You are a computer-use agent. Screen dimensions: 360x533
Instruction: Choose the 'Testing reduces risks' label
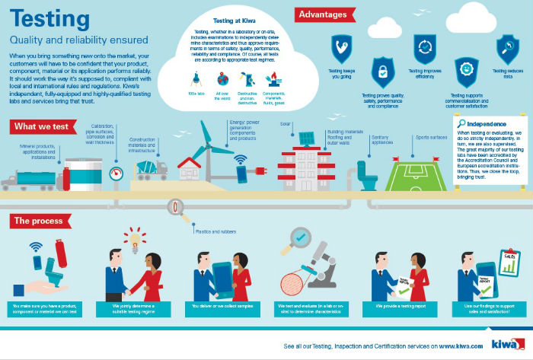507,73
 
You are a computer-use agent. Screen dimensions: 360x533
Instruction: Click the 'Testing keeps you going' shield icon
341,49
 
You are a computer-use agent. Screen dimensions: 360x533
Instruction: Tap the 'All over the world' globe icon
223,79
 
